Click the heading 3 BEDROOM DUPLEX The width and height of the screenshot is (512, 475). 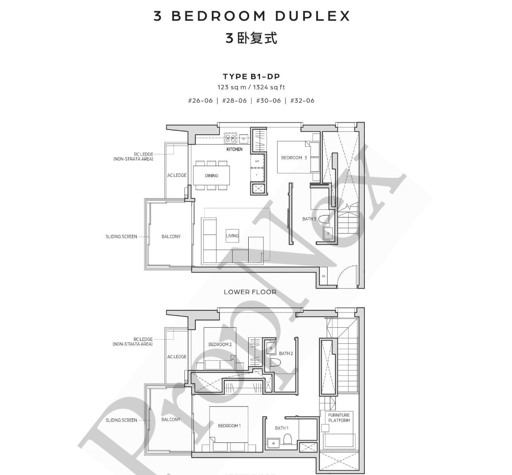coord(251,16)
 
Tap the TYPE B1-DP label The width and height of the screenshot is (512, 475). coord(251,77)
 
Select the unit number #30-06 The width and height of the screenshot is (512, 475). coord(268,101)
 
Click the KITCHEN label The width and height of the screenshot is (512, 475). coord(234,149)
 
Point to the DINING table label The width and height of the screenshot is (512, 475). coord(211,175)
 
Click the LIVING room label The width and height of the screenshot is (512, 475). coord(233,236)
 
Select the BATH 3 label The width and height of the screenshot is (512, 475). coord(309,219)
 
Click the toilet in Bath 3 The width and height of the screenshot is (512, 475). coord(323,219)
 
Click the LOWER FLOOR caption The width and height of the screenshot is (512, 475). coord(250,292)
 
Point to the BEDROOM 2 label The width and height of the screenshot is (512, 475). coord(220,344)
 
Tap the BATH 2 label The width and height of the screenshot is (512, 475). coord(286,353)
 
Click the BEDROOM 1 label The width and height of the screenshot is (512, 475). coord(228,426)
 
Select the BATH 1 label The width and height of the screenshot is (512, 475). coord(281,428)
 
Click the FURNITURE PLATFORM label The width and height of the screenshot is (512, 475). coord(339,418)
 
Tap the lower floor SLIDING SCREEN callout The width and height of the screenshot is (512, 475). coord(121,237)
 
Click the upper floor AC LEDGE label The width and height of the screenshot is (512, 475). coord(177,357)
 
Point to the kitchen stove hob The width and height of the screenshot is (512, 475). coord(230,138)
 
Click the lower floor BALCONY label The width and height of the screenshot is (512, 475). coord(171,237)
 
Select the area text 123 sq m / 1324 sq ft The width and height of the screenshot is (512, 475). coord(251,87)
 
